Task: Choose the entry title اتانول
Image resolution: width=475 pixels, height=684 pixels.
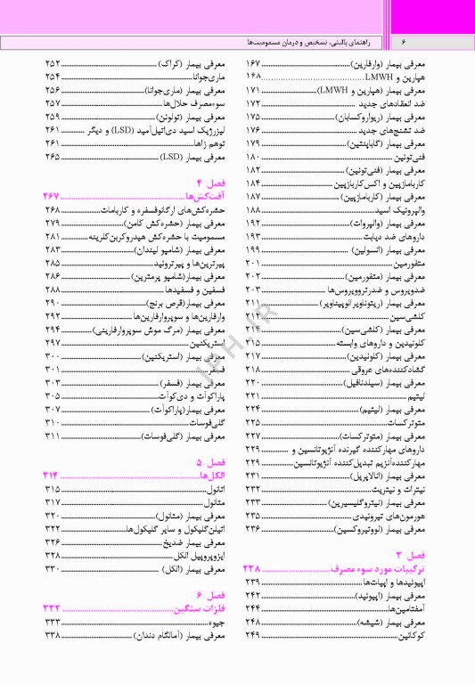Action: pyautogui.click(x=214, y=490)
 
